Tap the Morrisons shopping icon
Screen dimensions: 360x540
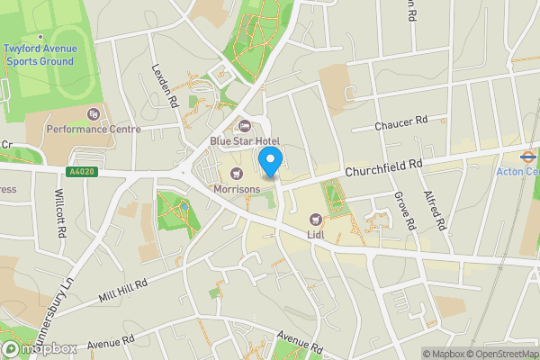(237, 173)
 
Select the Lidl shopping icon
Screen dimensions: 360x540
(315, 219)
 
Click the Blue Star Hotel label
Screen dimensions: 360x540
(245, 141)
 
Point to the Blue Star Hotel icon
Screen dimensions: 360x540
(245, 125)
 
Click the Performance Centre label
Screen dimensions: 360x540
(94, 130)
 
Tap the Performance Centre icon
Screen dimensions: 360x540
(94, 113)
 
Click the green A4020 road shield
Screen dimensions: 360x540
(80, 170)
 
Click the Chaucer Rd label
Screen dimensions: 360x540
(401, 123)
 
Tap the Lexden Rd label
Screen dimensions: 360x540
(166, 86)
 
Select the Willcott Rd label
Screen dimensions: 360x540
(60, 212)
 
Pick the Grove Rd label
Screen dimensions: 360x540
(402, 210)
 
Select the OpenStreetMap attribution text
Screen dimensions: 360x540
(491, 354)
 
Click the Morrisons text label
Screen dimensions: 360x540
(237, 189)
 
